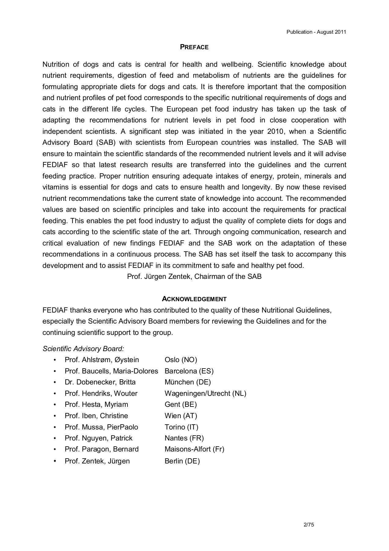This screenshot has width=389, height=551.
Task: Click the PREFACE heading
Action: (x=194, y=47)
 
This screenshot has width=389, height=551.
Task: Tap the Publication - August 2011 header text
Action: (x=316, y=32)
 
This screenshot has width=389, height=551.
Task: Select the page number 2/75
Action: (x=309, y=517)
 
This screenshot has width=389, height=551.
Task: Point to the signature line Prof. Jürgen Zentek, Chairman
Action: (x=194, y=277)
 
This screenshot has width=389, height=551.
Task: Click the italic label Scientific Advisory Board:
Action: (x=83, y=349)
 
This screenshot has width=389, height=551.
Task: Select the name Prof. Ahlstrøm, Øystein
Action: (x=102, y=360)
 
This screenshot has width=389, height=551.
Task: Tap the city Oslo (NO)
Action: (x=181, y=360)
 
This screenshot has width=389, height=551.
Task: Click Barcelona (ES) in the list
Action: (x=189, y=371)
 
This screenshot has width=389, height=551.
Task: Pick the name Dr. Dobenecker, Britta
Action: (x=100, y=382)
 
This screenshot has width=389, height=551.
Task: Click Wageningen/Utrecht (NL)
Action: (x=205, y=394)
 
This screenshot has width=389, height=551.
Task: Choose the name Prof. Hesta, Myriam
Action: (x=96, y=405)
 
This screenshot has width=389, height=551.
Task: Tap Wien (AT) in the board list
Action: (x=181, y=416)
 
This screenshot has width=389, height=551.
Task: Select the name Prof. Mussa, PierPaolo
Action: (x=101, y=427)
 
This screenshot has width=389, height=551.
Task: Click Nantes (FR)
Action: (x=184, y=438)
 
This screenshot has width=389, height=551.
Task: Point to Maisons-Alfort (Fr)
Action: (x=194, y=449)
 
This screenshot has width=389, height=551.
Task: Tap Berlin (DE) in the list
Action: (x=182, y=461)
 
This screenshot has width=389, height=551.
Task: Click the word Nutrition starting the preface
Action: (x=55, y=65)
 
